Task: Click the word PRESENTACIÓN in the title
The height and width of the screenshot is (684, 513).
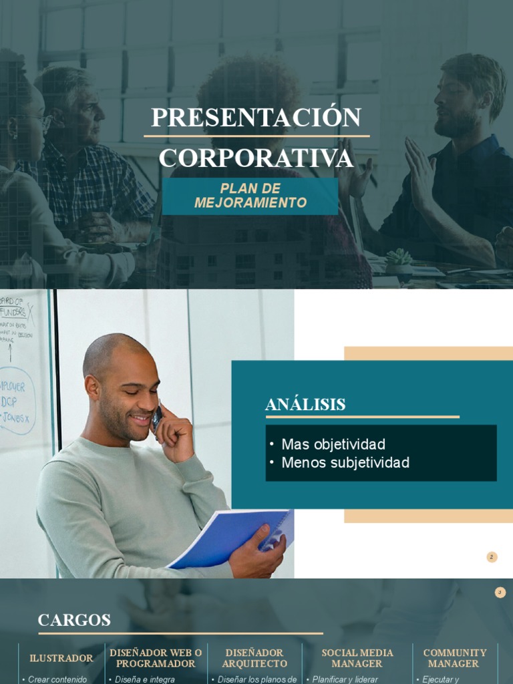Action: coord(256,118)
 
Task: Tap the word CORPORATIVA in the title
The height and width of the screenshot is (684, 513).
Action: coord(256,158)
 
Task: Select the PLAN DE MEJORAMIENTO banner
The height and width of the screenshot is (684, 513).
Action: coord(250,196)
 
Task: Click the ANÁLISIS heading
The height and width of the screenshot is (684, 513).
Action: coord(305,404)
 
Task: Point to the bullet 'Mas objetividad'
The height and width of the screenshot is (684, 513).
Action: coord(333,444)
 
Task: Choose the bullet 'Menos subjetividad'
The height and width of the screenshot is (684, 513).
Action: coord(345,462)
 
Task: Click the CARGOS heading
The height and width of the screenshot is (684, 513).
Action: coord(74,620)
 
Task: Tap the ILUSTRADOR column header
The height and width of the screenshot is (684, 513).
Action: coord(61,658)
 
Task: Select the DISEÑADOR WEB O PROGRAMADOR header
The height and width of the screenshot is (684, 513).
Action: coord(156,658)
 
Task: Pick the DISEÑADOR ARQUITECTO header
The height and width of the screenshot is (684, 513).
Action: coord(254,658)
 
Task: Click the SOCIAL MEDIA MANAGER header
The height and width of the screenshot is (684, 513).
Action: coord(357,658)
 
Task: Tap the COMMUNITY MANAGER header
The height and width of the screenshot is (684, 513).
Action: coord(454,658)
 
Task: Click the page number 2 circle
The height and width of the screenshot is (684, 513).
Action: coord(492,557)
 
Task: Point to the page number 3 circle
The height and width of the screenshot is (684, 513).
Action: coord(500,592)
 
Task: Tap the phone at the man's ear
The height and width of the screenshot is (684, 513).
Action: coord(156,418)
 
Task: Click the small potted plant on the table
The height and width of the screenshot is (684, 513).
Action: coord(399,261)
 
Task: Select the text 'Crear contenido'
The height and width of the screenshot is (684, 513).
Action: coord(57,679)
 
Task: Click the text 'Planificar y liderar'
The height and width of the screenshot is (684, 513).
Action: coord(345,679)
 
